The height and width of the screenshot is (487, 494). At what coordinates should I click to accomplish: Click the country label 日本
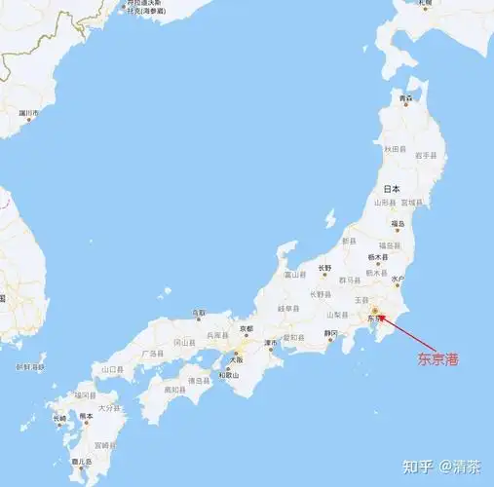(x=392, y=189)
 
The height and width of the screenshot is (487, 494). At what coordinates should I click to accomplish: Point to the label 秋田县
(x=394, y=149)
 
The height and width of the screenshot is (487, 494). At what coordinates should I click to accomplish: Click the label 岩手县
(x=423, y=154)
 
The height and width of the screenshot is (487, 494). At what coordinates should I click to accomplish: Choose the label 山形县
(x=385, y=203)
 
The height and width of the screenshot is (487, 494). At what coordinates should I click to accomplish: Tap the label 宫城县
(x=413, y=203)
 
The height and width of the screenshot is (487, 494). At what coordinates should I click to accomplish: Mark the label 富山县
(x=295, y=275)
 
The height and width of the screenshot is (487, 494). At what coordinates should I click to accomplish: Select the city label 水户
(x=398, y=280)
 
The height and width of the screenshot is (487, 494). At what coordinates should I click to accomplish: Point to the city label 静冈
(x=331, y=333)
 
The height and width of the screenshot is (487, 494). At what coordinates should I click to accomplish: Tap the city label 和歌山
(x=228, y=375)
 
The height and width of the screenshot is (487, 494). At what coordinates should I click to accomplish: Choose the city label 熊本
(x=87, y=415)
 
